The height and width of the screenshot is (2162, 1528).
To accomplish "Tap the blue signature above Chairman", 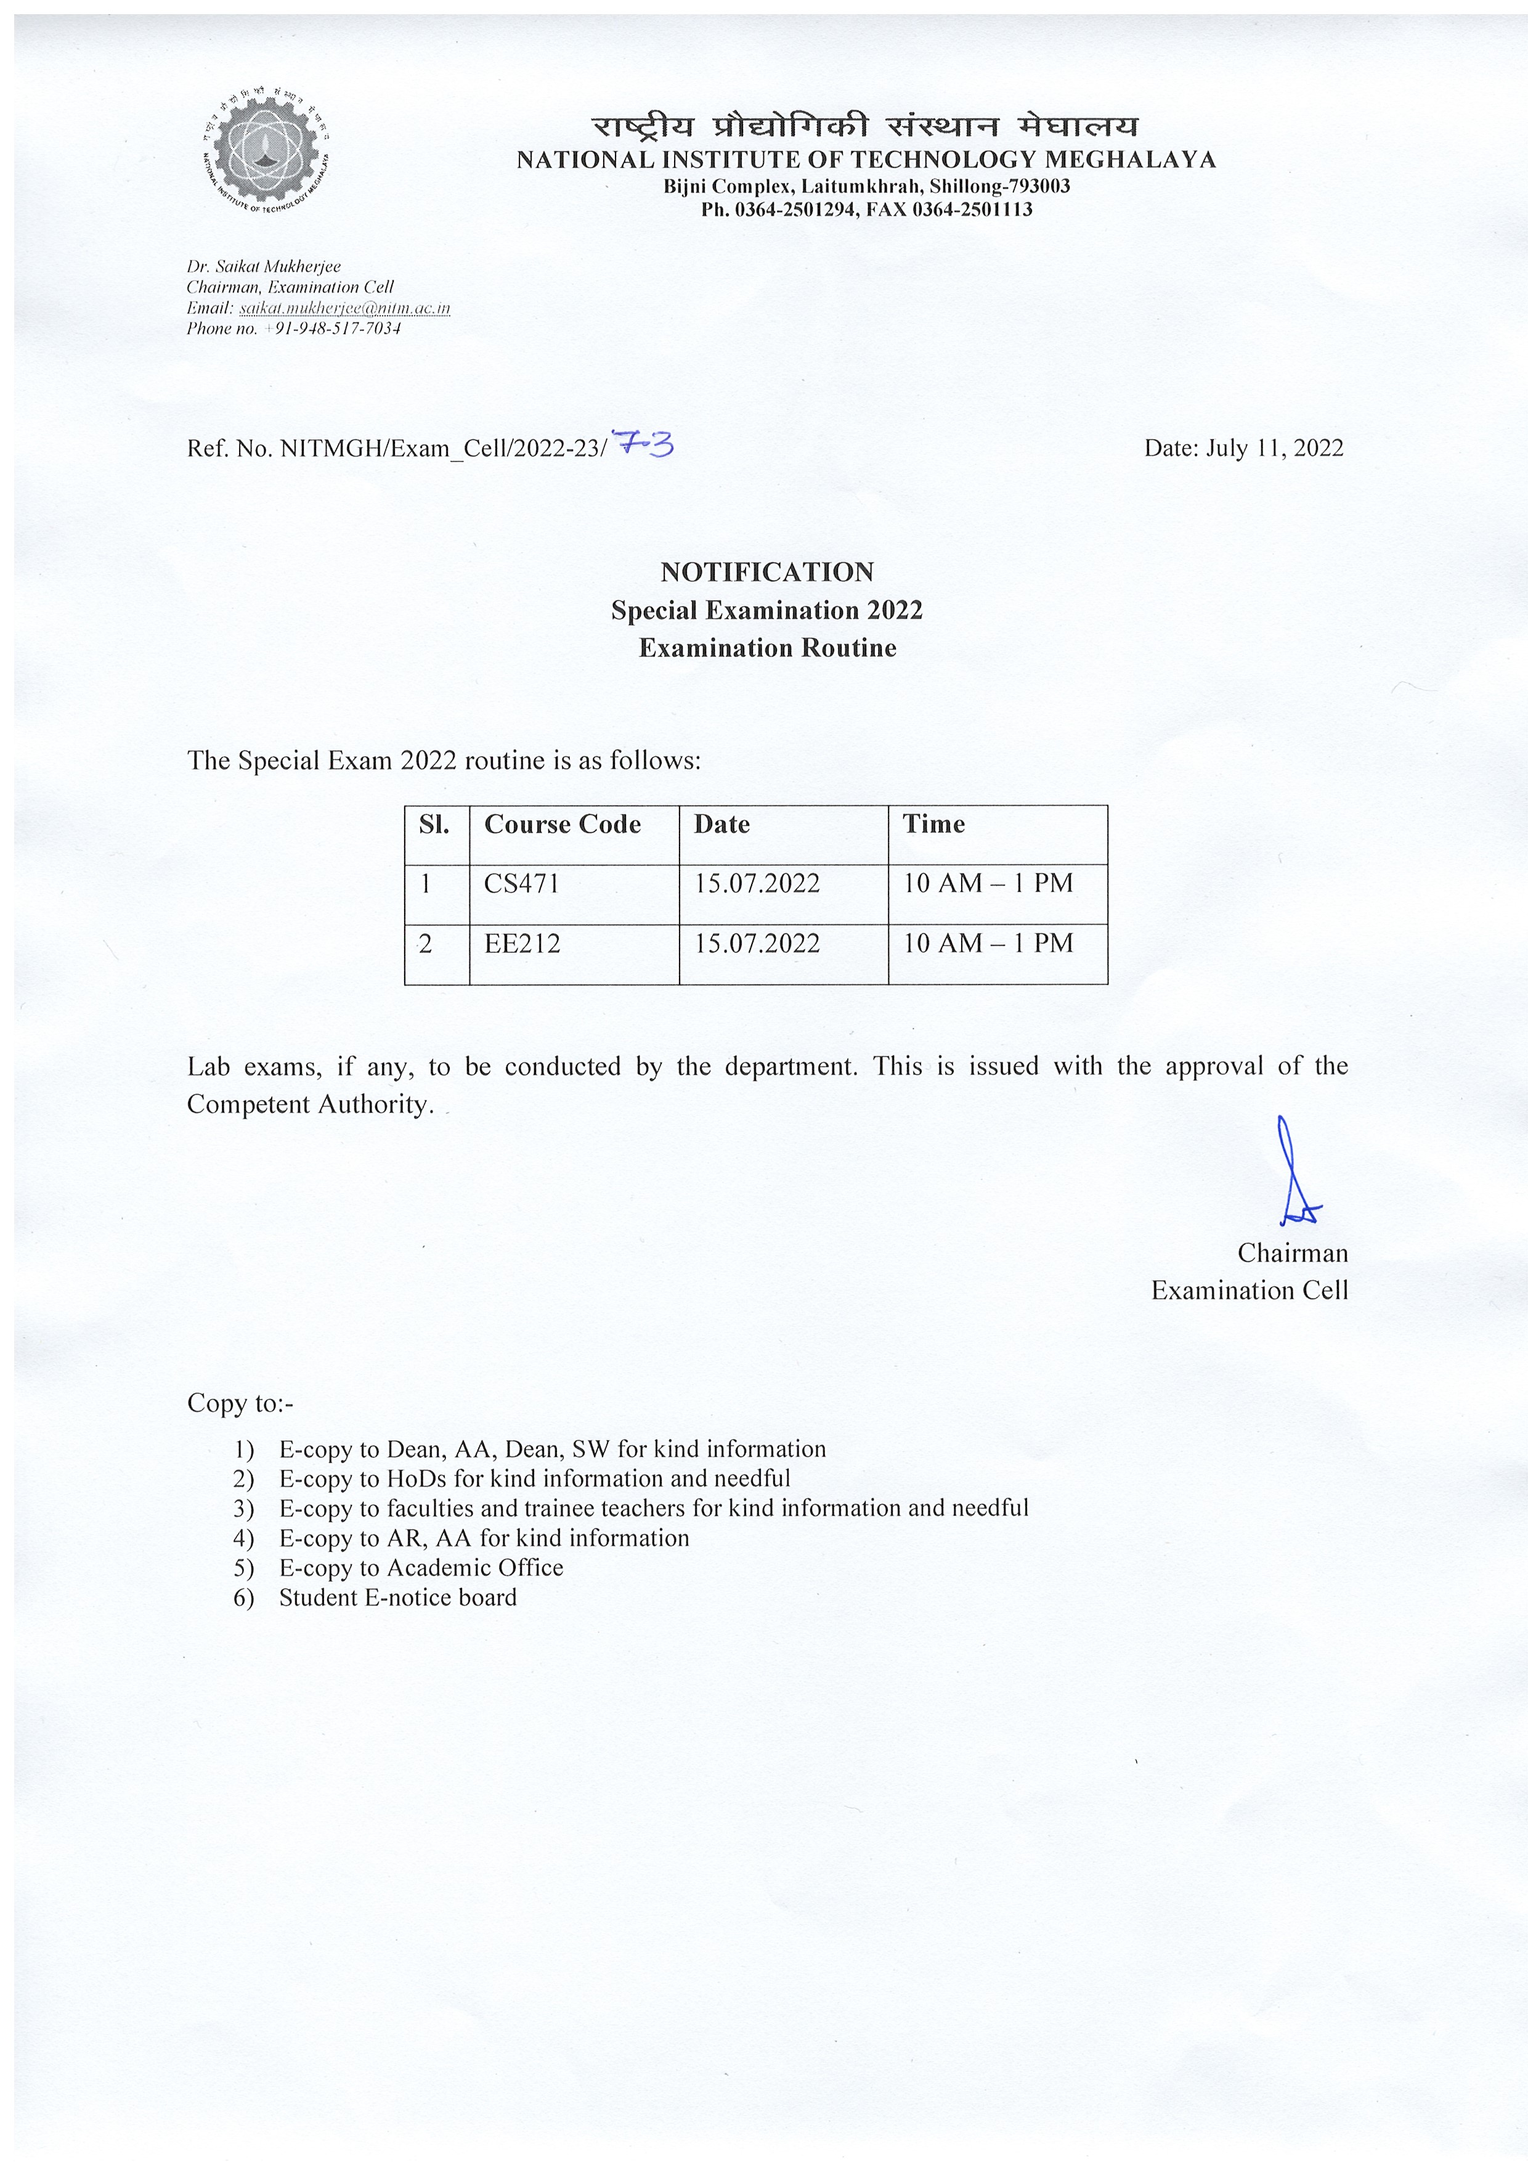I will (1294, 1172).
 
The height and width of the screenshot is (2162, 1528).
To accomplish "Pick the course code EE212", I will (522, 944).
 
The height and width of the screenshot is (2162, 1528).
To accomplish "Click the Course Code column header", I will (562, 824).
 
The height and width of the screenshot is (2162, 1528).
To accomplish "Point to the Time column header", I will (934, 824).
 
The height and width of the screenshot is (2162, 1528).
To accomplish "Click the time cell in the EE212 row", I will (988, 944).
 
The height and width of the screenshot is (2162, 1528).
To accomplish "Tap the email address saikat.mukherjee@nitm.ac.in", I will (344, 308).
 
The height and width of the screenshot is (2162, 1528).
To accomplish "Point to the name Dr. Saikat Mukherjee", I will (264, 266).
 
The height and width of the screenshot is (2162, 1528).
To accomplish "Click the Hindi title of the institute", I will (864, 126).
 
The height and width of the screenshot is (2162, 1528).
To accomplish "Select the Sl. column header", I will (434, 824).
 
